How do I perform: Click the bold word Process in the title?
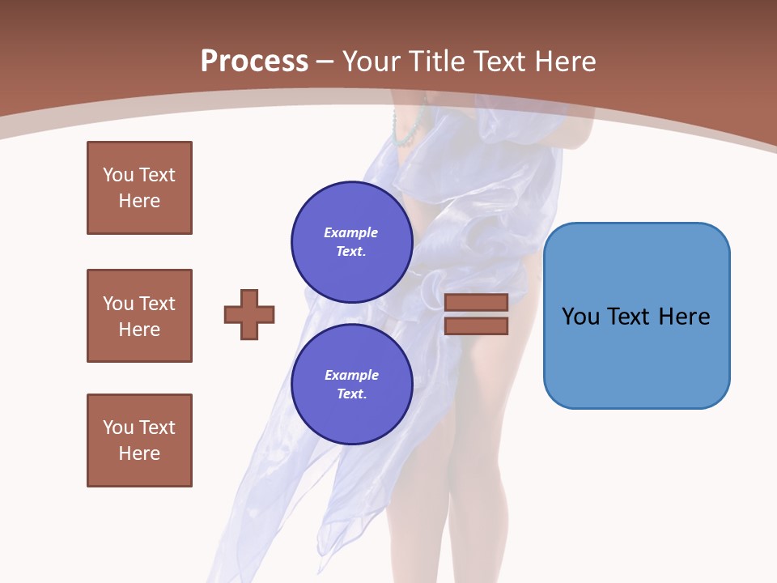coord(254,61)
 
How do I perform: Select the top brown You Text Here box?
coord(139,188)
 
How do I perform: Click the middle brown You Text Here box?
coord(139,316)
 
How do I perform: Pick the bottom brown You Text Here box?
coord(139,440)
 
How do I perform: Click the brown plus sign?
coord(249,314)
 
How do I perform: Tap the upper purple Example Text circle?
coord(351,242)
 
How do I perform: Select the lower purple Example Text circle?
coord(351,385)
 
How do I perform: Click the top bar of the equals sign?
coord(476,302)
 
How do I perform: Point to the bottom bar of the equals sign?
coord(476,326)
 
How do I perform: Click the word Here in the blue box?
coord(684,317)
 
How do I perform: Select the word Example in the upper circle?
coord(351,232)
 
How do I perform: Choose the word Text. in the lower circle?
coord(351,394)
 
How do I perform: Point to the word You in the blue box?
coord(580,317)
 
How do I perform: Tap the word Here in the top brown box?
coord(139,201)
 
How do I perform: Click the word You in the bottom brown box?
coord(118,428)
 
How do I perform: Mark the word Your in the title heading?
coord(372,61)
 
